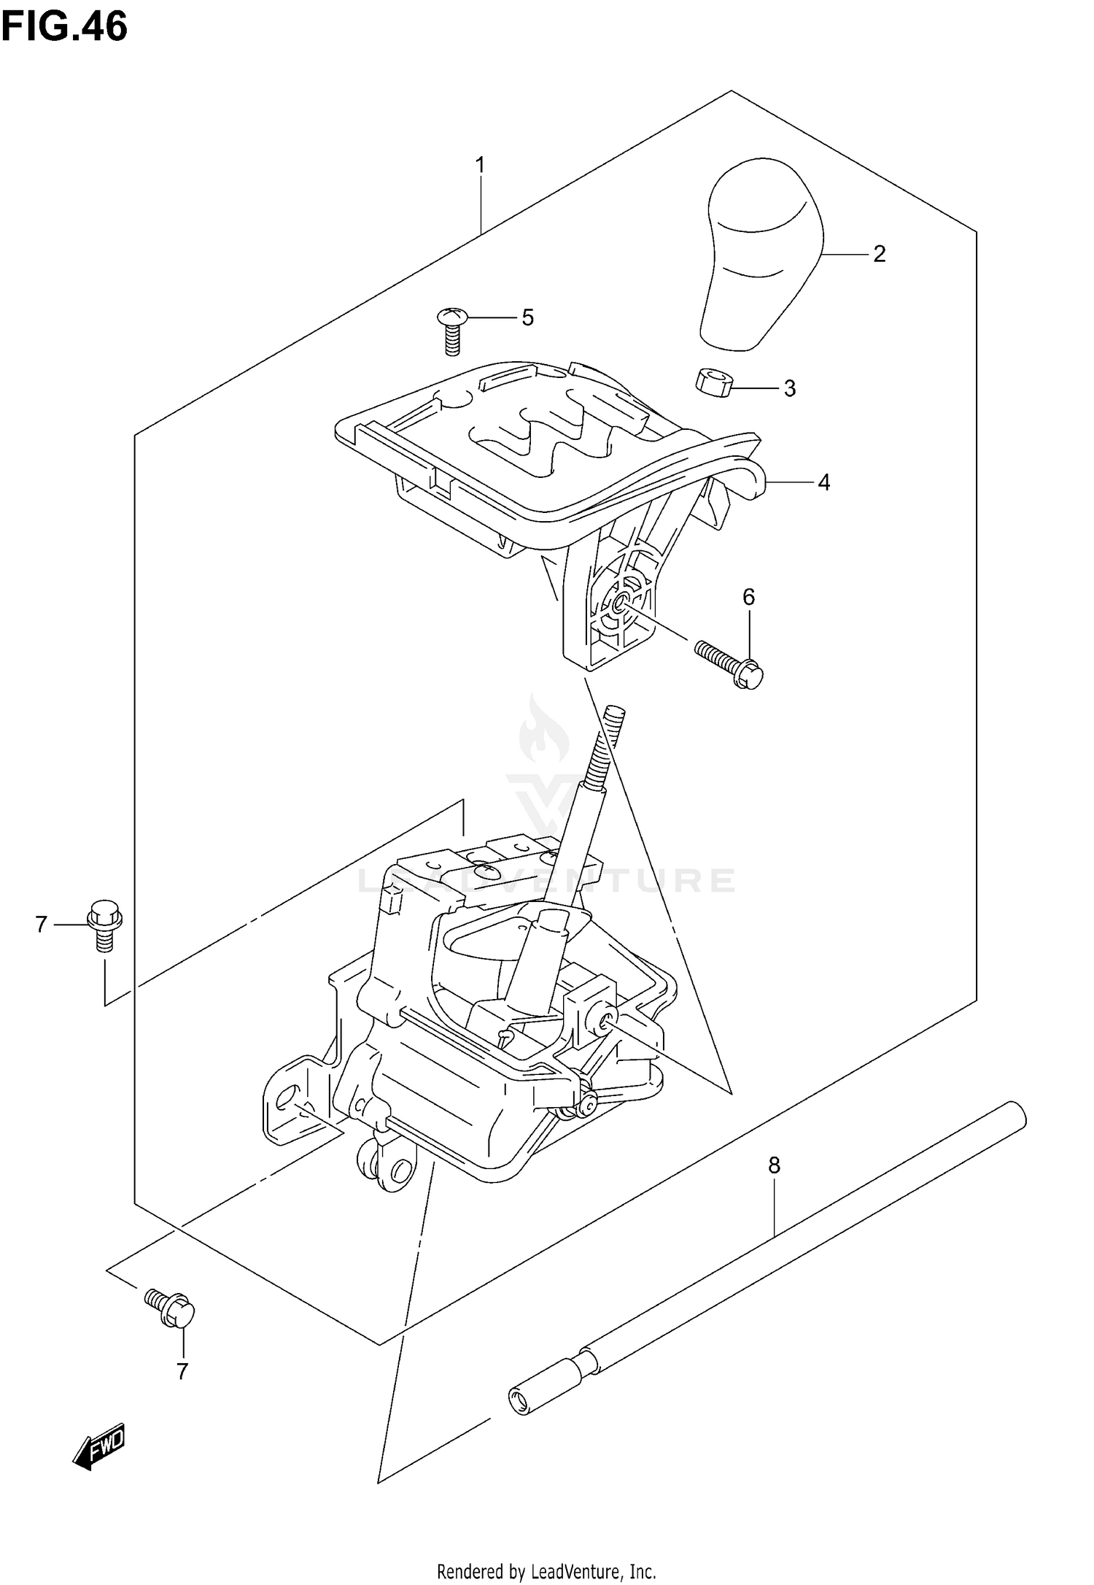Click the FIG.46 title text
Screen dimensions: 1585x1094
click(64, 27)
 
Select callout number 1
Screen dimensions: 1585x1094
click(480, 165)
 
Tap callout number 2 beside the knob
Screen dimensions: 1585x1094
click(879, 254)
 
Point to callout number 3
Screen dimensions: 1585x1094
click(789, 388)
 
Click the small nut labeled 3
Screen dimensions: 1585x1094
click(713, 382)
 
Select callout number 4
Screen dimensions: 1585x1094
click(823, 482)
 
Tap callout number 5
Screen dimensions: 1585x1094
click(527, 317)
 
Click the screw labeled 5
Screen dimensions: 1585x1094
click(451, 330)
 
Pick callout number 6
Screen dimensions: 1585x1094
click(749, 597)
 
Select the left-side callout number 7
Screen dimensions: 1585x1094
click(41, 925)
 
